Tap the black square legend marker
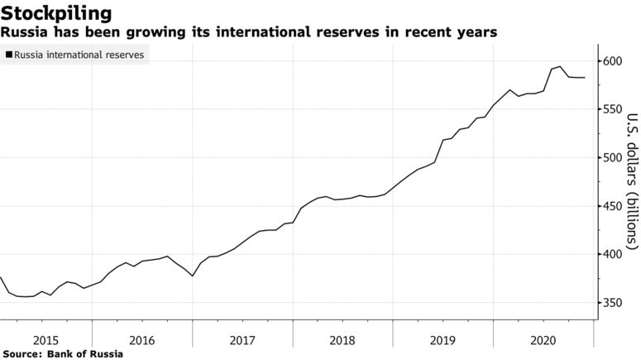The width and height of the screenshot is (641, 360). (x=8, y=55)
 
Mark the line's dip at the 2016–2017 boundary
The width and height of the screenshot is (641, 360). (x=192, y=276)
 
